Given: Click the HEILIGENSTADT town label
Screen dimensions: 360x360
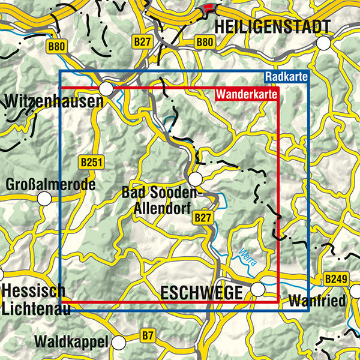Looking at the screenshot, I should click(272, 27).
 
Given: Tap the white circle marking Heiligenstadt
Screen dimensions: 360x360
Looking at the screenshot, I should click(324, 43).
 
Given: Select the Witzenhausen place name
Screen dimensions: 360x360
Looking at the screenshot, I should click(53, 101).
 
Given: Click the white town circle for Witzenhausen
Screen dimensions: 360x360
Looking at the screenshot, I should click(106, 89).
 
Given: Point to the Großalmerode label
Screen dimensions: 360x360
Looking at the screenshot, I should click(50, 185).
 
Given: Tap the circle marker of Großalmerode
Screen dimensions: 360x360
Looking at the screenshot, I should click(44, 199).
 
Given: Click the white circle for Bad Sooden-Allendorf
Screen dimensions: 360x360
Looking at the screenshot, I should click(195, 179).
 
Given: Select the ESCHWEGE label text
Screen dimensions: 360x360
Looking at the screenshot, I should click(201, 293).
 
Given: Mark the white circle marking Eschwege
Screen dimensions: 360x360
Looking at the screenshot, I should click(257, 289).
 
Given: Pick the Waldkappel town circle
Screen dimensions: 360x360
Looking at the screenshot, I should click(119, 343).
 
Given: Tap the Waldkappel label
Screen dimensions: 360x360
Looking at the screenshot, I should click(72, 343).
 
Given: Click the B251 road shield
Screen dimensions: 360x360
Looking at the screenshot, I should click(91, 162).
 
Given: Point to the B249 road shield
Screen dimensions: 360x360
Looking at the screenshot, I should click(335, 279).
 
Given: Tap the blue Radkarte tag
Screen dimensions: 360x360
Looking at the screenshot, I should click(286, 77).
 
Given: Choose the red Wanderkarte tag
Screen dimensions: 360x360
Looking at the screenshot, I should click(246, 94).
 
